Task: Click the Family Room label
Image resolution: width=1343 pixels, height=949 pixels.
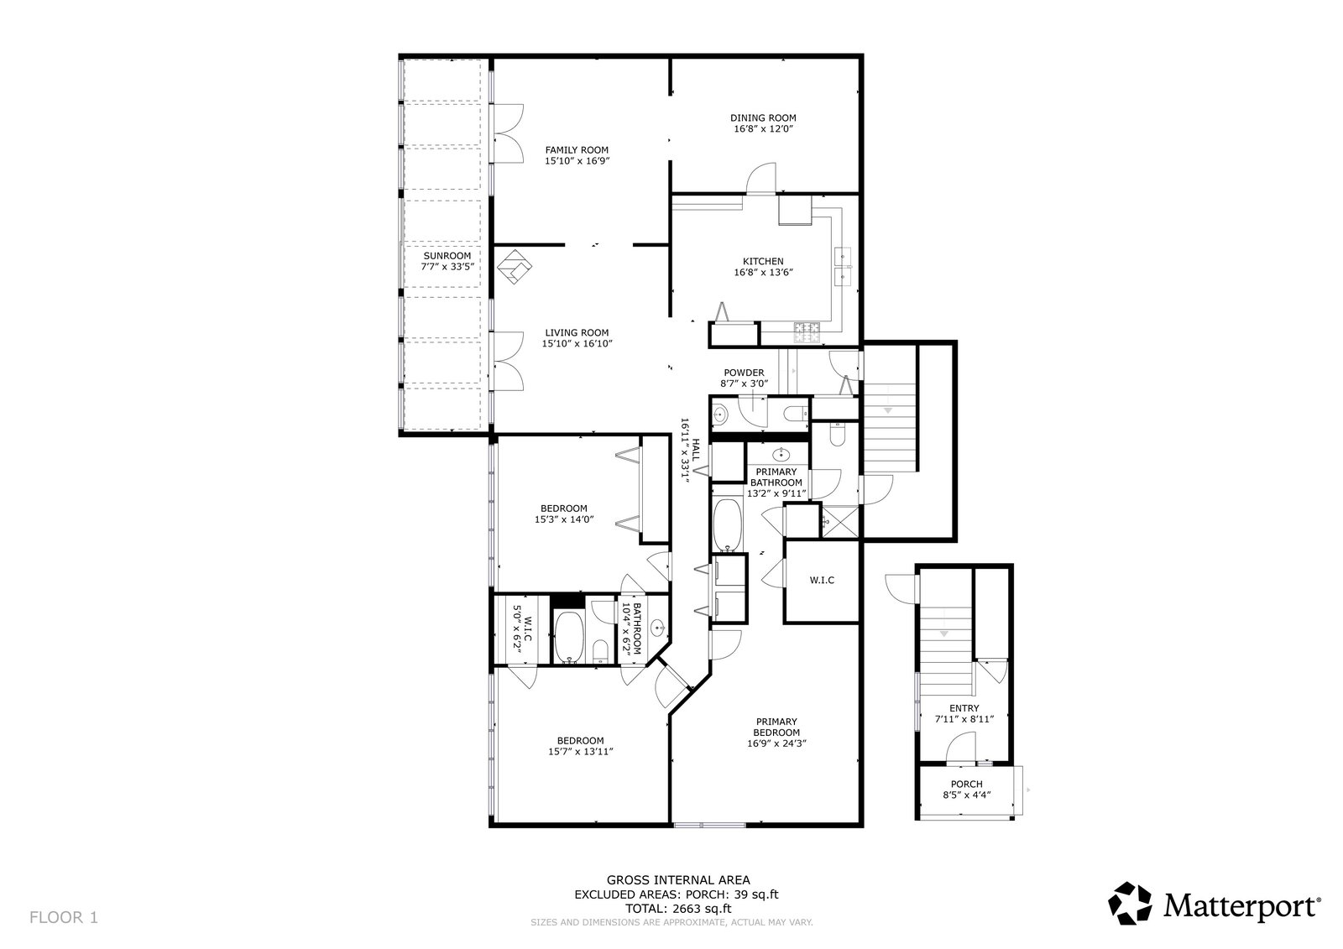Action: click(576, 150)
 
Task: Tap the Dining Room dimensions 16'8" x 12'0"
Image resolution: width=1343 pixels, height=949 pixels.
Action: click(763, 129)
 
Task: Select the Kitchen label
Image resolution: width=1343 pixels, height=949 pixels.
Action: click(763, 262)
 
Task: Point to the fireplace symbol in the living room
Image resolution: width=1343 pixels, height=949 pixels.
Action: click(515, 268)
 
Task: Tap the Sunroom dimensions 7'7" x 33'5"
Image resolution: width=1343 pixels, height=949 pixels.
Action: click(447, 267)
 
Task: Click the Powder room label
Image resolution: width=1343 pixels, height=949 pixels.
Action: click(744, 373)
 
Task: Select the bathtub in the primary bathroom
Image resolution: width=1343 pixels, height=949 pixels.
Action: click(728, 525)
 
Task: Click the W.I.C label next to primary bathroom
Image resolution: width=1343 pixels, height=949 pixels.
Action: click(822, 581)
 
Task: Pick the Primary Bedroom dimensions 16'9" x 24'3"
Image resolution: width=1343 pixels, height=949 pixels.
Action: click(776, 743)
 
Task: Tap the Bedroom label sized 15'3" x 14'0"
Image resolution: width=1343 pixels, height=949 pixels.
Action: click(563, 508)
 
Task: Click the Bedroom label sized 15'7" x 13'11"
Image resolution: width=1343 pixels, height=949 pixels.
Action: click(580, 740)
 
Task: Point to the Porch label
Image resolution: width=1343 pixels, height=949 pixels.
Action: click(966, 785)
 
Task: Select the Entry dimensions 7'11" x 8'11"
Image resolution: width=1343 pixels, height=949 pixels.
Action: click(964, 719)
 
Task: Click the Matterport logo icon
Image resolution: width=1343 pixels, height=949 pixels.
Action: click(1130, 903)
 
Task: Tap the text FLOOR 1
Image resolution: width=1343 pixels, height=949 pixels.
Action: click(64, 917)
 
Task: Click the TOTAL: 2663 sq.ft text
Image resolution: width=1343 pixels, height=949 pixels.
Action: click(678, 909)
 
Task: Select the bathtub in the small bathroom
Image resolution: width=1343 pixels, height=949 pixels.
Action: click(567, 637)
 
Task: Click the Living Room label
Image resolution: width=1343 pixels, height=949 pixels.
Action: click(576, 333)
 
